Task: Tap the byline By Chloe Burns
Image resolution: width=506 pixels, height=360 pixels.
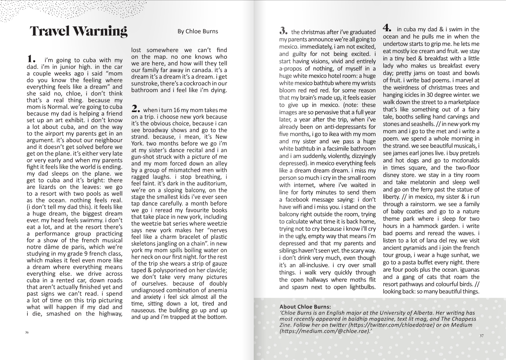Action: point(198,31)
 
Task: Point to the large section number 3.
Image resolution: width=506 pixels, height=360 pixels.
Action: point(283,31)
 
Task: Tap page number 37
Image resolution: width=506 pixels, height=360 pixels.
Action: point(481,336)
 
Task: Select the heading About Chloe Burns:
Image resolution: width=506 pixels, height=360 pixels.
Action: point(305,306)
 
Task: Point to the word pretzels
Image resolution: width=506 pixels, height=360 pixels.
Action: point(466,153)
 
